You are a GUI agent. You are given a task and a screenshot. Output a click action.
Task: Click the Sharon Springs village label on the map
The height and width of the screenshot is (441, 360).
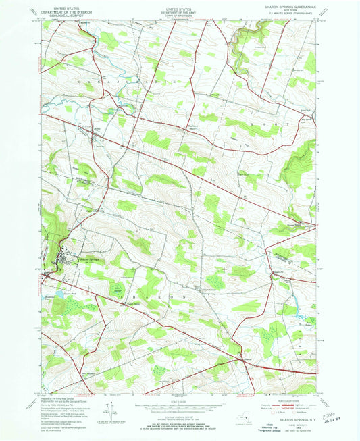[x=88, y=259]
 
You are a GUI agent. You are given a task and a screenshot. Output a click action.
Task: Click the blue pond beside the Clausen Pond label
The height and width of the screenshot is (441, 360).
[x=59, y=294]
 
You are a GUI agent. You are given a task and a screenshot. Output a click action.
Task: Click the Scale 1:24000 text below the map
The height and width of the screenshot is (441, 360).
[x=179, y=403]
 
